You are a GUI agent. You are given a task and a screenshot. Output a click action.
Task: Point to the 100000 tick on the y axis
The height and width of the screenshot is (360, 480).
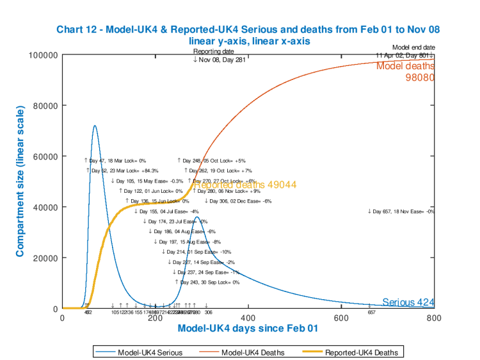tap(44, 55)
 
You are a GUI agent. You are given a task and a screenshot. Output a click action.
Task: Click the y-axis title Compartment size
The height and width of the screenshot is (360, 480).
tap(20, 181)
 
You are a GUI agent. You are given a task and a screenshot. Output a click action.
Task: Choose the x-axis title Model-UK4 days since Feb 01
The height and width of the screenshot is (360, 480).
tap(248, 328)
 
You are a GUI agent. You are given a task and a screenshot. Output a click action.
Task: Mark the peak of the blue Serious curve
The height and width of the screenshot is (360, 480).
tap(95, 126)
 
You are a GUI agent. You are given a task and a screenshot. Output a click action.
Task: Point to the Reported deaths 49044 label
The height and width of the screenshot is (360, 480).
tap(245, 184)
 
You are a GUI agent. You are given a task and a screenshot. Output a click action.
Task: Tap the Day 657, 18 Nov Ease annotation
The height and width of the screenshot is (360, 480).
tap(401, 211)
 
